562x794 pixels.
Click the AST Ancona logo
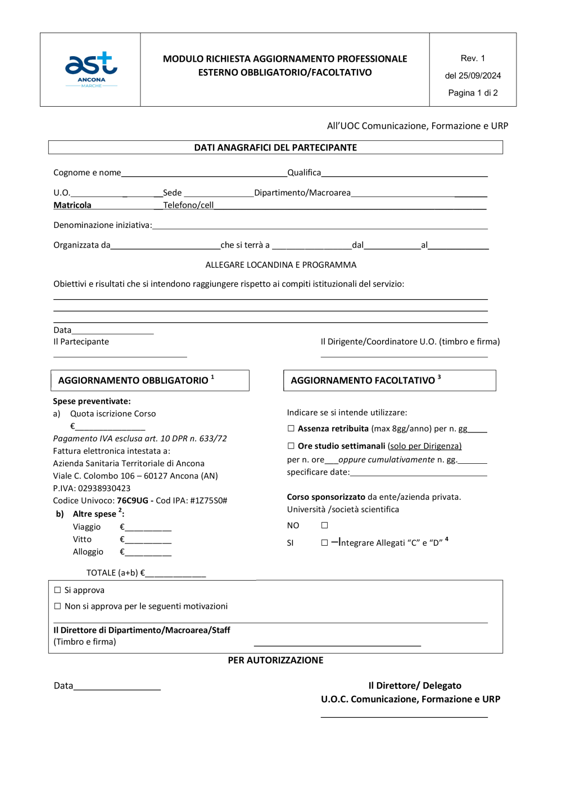coord(91,70)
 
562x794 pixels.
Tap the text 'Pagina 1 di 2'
coord(473,93)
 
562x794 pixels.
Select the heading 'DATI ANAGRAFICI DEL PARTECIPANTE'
coord(275,148)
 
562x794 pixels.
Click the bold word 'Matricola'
coord(72,206)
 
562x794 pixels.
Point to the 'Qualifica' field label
coord(304,173)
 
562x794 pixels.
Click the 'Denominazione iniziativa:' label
coord(102,225)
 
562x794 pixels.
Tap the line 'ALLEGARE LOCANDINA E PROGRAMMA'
coord(280,265)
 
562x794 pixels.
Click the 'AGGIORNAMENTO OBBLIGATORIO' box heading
coord(133,381)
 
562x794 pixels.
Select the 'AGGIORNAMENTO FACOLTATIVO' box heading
coord(362,381)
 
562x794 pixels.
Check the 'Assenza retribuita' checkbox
coord(291,428)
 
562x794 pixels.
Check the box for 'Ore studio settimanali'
coord(291,446)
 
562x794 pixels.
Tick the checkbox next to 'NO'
coord(324,526)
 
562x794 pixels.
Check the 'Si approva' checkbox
coord(57,590)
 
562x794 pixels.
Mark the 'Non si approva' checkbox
coord(57,606)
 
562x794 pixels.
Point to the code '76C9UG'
coord(132,501)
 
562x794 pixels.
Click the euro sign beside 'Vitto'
coord(122,540)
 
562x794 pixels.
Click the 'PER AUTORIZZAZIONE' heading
coord(275,660)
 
